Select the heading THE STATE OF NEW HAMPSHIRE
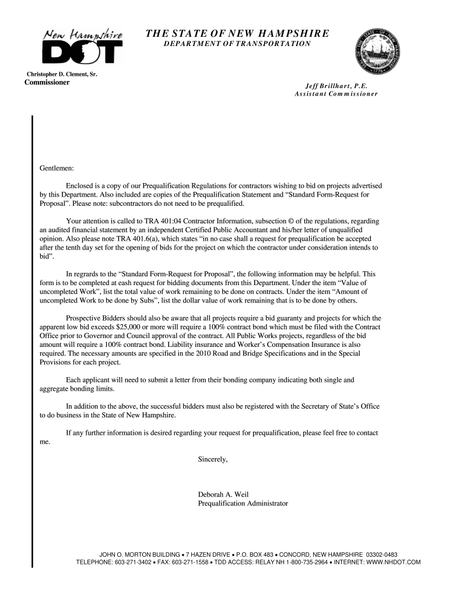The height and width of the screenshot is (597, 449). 237,33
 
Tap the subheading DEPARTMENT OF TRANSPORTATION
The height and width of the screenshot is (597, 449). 237,44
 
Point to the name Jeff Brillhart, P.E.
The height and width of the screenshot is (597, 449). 336,85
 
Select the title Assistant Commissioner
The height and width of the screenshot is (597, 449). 336,93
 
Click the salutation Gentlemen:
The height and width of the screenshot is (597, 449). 57,168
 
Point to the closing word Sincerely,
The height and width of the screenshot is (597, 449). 213,459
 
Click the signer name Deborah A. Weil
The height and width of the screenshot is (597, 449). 223,494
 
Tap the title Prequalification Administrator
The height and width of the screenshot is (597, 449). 243,503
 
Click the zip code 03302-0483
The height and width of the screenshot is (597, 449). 382,554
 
